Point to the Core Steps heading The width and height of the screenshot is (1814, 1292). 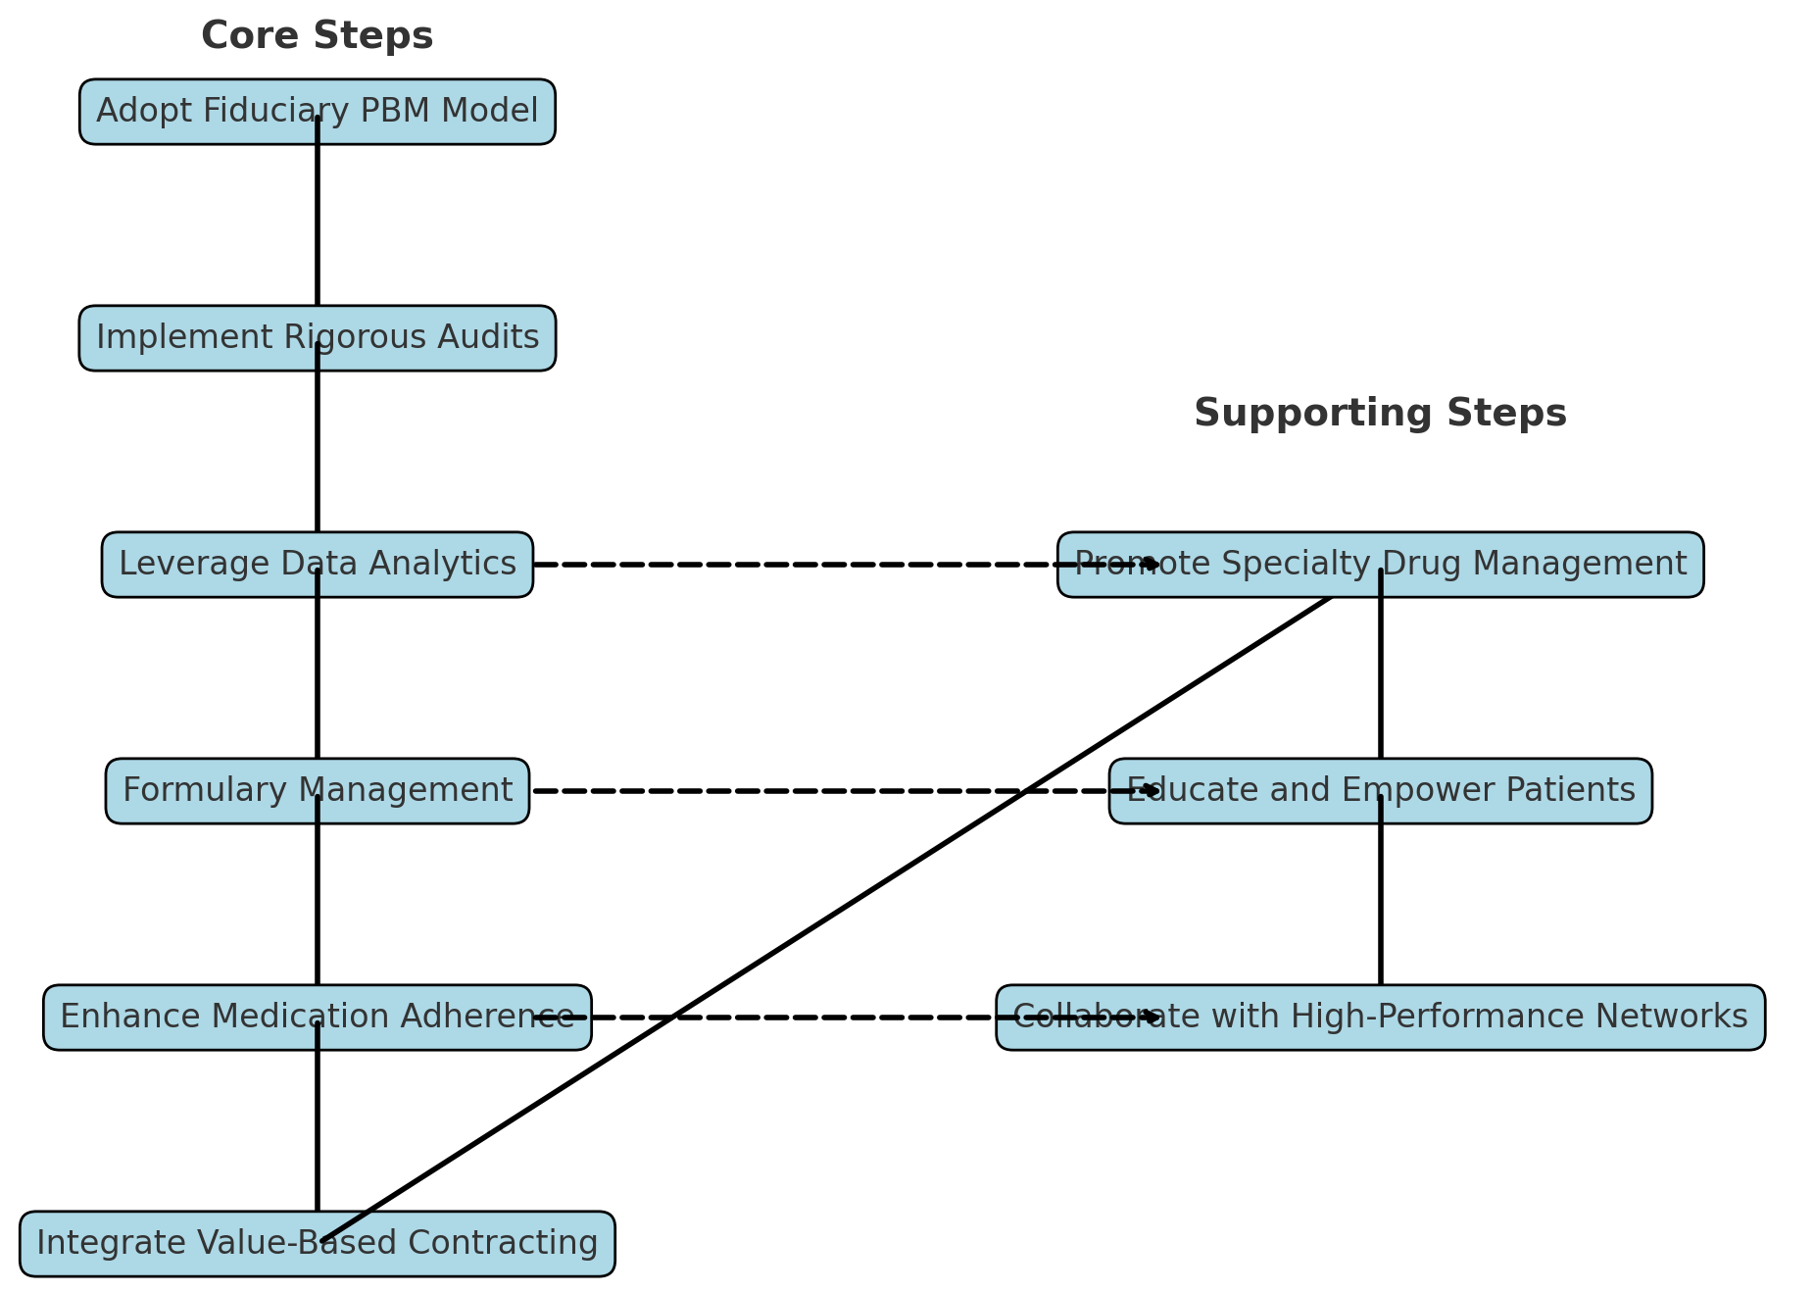317,36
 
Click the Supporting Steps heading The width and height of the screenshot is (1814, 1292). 1380,414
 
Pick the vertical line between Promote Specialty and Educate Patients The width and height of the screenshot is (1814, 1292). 1381,676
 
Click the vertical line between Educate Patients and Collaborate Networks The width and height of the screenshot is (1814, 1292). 1381,902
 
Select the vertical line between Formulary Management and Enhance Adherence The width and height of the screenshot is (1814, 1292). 318,902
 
